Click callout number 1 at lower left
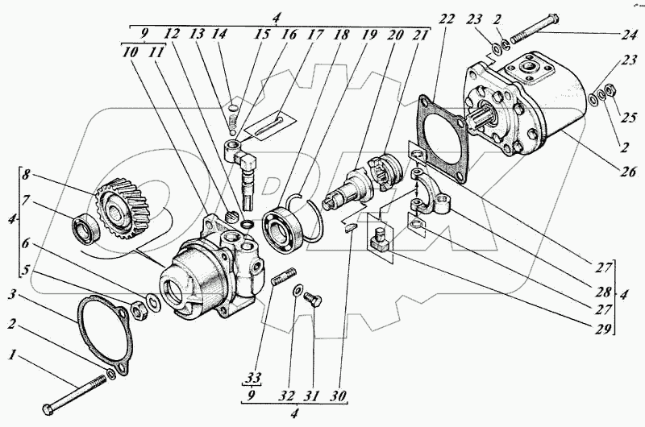[x=10, y=354]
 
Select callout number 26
[x=605, y=171]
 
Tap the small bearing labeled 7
[x=85, y=228]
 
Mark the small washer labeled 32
[x=298, y=291]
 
